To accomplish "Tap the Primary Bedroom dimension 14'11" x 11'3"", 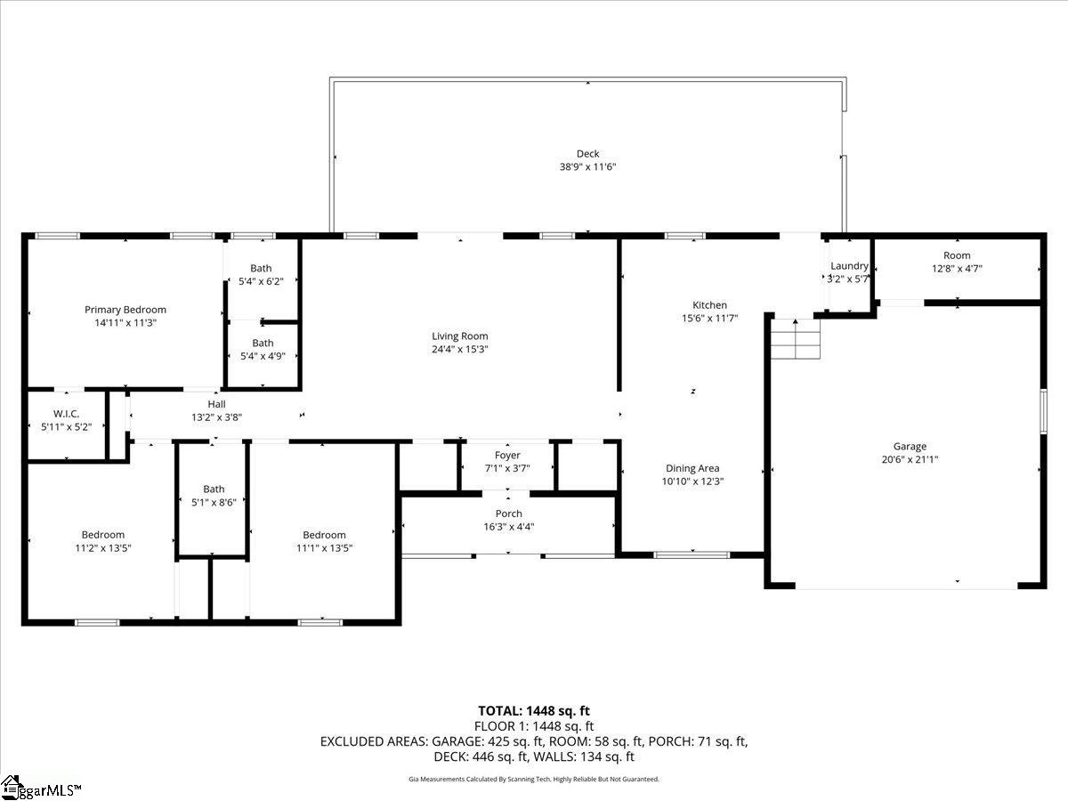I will (x=125, y=323).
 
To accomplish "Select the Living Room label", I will (x=460, y=336).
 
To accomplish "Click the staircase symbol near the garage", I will (x=795, y=339).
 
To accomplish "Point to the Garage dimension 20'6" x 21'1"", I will (x=910, y=460).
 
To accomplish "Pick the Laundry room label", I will (x=849, y=266).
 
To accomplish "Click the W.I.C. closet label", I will (x=67, y=413).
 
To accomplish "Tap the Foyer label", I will (x=507, y=456).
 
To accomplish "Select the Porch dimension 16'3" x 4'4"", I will (x=508, y=526).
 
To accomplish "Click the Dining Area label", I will (x=692, y=468).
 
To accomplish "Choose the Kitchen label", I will (x=710, y=305).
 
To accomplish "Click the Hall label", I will (x=216, y=404).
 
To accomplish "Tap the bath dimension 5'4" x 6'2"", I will (x=261, y=281).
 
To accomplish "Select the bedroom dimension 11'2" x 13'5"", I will (x=103, y=548).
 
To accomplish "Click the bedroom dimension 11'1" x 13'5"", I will (x=324, y=548).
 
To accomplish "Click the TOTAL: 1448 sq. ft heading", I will (x=534, y=711).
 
